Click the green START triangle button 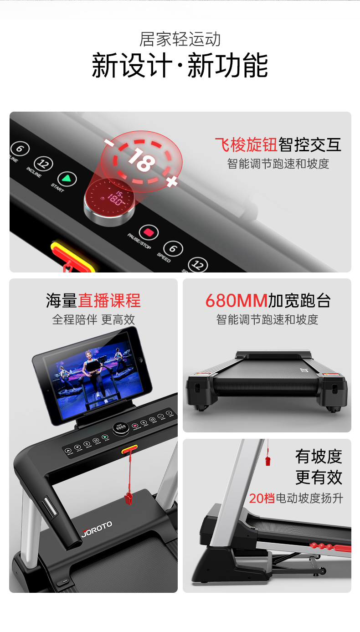coord(67,179)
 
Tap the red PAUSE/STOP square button coord(148,233)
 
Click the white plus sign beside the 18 coord(171,182)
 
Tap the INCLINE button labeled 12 coord(44,164)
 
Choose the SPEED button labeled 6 coord(173,249)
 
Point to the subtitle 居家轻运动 coord(180,39)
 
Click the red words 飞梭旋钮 coord(246,144)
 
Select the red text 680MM coord(236,301)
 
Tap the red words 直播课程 coord(109,301)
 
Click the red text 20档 coord(262,498)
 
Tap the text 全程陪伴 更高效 coord(93,319)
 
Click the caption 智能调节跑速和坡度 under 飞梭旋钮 coord(278,164)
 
